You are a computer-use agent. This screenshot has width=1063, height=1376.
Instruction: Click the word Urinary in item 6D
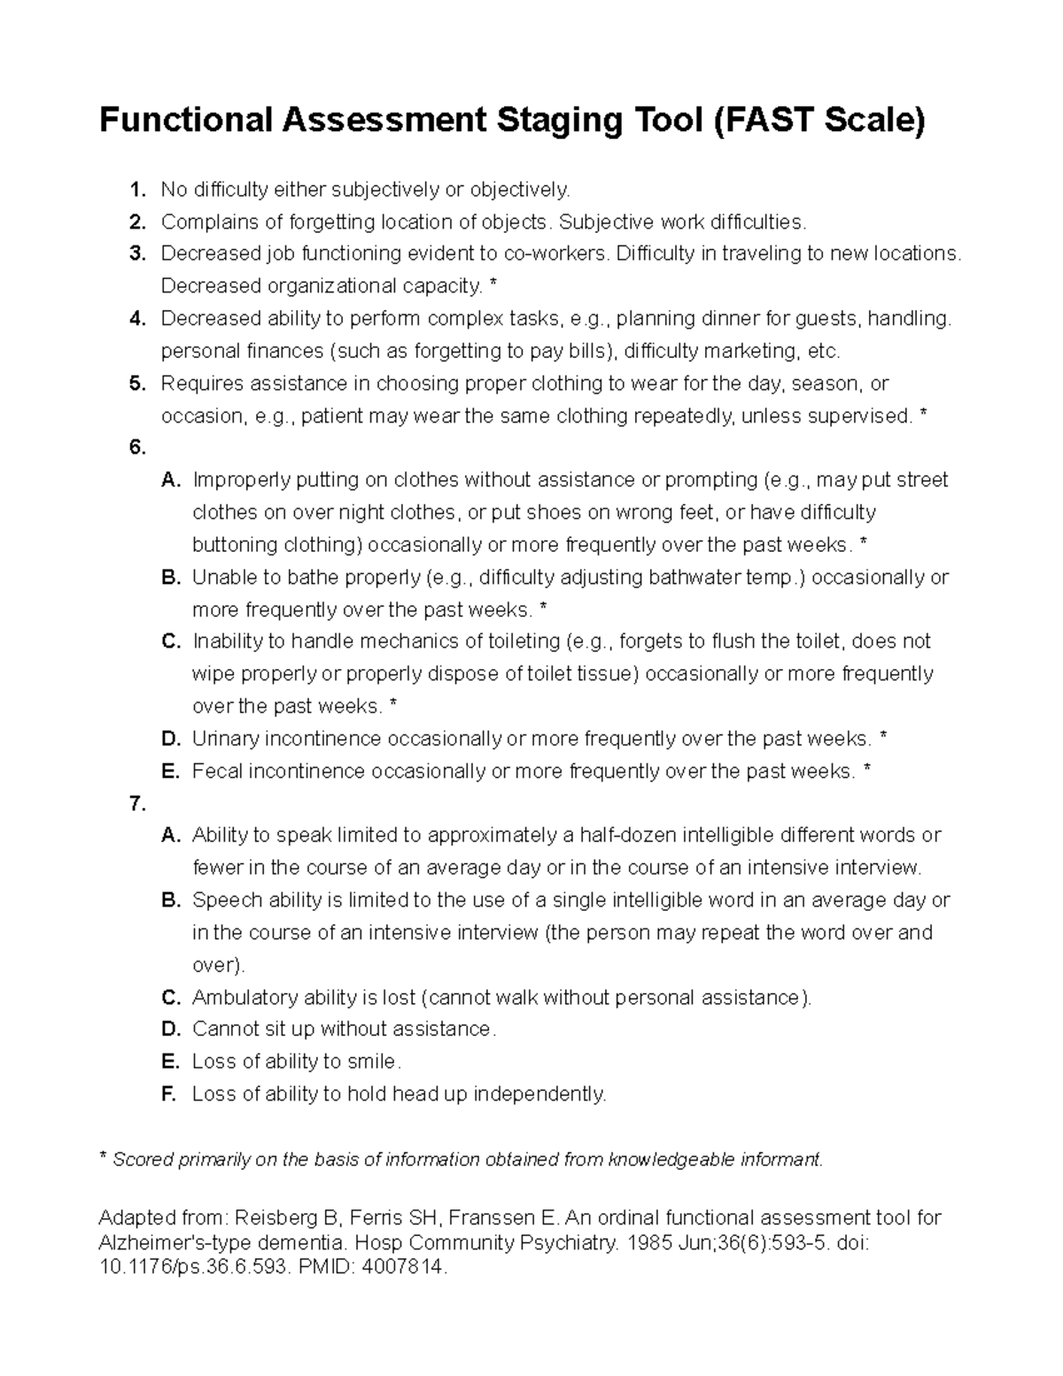[225, 739]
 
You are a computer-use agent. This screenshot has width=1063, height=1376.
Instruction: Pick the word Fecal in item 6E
[217, 772]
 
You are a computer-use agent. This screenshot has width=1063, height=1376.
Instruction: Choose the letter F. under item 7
[169, 1094]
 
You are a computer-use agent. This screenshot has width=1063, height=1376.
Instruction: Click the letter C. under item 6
[170, 641]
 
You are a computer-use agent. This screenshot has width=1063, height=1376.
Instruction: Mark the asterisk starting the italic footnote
[103, 1158]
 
